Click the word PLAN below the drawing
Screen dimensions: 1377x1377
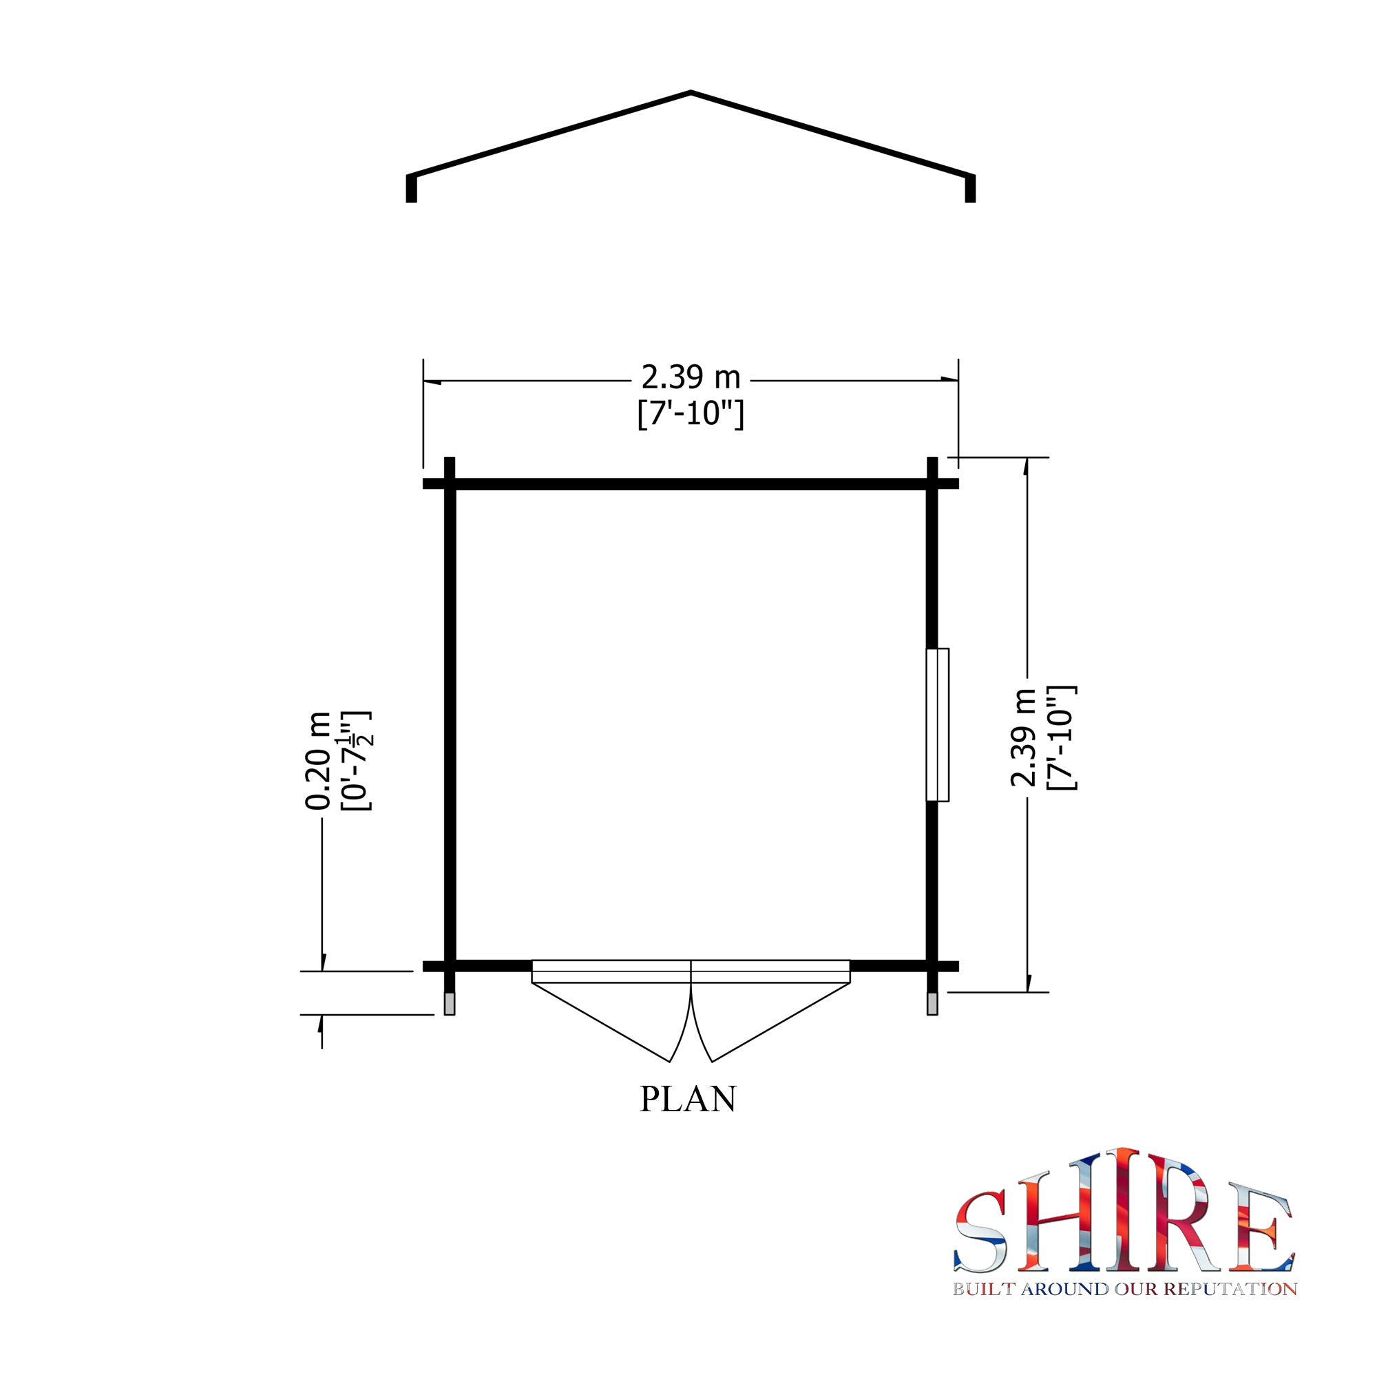(x=687, y=1099)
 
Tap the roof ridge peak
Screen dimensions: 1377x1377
(x=691, y=93)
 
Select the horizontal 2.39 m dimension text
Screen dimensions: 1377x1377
(x=691, y=378)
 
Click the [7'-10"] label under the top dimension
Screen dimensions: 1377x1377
(x=691, y=414)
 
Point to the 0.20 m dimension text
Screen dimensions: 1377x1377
(x=318, y=761)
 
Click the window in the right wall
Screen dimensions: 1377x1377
(x=938, y=724)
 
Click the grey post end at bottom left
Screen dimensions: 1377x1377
(x=449, y=1004)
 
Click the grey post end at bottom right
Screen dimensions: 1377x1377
(x=932, y=1004)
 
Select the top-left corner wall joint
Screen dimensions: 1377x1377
(x=449, y=484)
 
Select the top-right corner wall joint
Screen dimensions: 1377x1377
(x=932, y=484)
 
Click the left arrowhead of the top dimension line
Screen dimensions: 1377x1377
(x=432, y=382)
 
